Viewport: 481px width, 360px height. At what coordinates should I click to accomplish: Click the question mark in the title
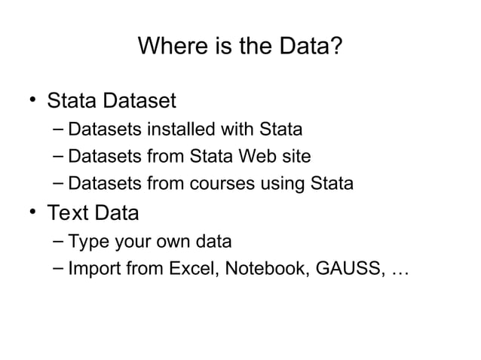point(338,49)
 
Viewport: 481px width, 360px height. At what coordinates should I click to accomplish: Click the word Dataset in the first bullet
point(141,100)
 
